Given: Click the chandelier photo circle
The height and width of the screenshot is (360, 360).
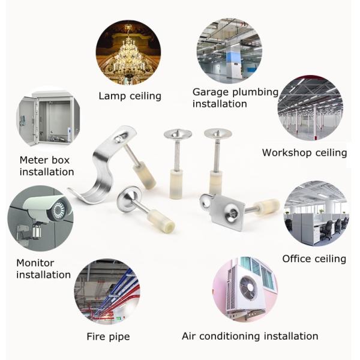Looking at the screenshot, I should tap(128, 53).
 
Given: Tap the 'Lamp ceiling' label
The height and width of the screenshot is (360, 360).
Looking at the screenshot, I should tap(130, 96).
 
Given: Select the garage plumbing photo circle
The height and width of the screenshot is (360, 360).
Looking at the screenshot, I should tap(230, 50).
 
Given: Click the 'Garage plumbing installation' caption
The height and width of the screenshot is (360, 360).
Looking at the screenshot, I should tap(235, 98).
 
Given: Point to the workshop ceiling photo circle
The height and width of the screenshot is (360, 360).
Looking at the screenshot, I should tap(310, 108).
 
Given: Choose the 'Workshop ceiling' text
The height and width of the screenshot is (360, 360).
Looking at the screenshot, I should tap(304, 152).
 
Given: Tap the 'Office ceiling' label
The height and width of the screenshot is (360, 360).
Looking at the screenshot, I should tap(314, 259).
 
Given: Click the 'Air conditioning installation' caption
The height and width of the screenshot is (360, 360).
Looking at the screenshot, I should tap(250, 336).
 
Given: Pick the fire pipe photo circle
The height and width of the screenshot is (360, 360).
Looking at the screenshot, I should tap(107, 292).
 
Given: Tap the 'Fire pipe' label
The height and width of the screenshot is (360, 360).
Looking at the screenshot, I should tap(108, 337).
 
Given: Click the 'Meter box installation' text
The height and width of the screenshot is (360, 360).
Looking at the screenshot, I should tap(47, 166).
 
